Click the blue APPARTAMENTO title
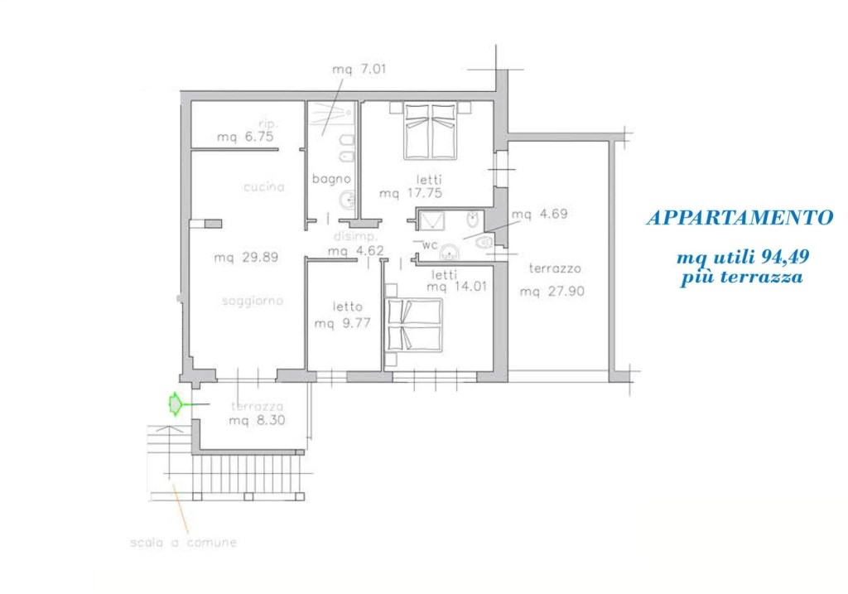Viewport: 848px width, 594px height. [740, 218]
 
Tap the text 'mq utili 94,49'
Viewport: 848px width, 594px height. [743, 256]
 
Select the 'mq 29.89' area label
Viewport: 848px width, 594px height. [246, 258]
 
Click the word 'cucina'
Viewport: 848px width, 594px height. [264, 187]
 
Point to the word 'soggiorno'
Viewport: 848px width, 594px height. [253, 301]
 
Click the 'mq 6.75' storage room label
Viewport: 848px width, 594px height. [245, 137]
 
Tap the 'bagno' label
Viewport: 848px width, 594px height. [331, 179]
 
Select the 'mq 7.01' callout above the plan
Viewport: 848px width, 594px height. [359, 70]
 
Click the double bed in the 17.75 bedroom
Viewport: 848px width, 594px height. [431, 132]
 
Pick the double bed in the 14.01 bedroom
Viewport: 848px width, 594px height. [413, 325]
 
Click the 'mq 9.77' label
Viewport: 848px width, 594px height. [342, 324]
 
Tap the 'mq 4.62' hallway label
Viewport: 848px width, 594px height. [356, 251]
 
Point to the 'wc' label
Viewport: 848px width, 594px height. [430, 245]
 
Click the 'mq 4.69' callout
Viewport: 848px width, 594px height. [540, 215]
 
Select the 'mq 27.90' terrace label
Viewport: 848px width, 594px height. [552, 292]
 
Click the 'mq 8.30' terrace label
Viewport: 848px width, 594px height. [257, 420]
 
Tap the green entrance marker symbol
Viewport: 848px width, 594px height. [176, 403]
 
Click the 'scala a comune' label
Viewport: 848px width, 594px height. [183, 542]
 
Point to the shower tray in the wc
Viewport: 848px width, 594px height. [432, 222]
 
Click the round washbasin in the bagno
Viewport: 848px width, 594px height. [347, 200]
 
